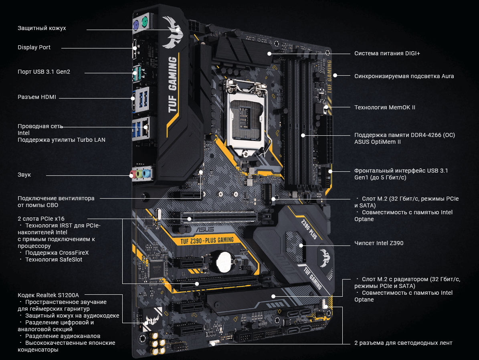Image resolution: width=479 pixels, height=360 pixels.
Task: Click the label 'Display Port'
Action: coord(34,47)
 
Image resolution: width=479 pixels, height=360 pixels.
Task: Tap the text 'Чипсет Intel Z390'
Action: coord(379,243)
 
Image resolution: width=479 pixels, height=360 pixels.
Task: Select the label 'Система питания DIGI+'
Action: coord(387,53)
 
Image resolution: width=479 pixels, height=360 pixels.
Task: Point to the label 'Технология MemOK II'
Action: coord(385,107)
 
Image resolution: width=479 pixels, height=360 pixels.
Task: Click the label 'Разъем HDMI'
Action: coord(37,97)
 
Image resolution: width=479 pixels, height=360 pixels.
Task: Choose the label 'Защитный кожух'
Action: coord(42,28)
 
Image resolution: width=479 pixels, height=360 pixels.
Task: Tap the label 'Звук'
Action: coord(24,175)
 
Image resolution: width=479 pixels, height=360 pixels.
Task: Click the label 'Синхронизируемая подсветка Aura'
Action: coord(404,76)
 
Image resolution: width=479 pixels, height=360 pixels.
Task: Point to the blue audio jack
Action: coord(147,174)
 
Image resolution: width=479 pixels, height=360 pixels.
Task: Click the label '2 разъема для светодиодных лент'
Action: coord(403,343)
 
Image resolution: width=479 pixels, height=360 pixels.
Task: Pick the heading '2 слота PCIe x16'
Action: coord(41,219)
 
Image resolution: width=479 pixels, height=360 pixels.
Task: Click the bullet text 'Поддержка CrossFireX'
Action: coord(57,253)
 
